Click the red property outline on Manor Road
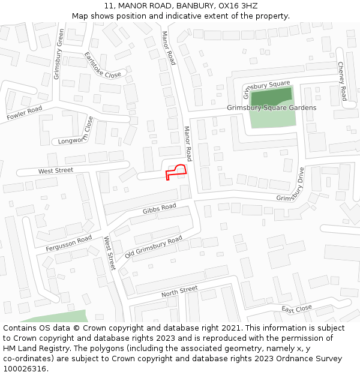click(x=176, y=172)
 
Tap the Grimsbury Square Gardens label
click(x=271, y=108)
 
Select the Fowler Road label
click(x=24, y=113)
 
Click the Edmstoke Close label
click(x=103, y=65)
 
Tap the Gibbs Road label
click(x=159, y=209)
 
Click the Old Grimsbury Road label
click(x=153, y=248)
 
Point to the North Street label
click(x=179, y=292)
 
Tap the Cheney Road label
click(x=342, y=81)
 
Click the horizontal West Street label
click(x=55, y=171)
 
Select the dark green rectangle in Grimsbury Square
click(x=271, y=97)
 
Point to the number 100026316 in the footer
click(x=25, y=368)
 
